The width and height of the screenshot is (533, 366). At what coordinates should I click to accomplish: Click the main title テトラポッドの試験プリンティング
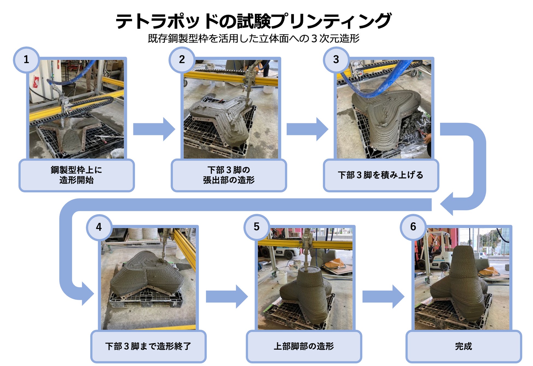pyautogui.click(x=253, y=21)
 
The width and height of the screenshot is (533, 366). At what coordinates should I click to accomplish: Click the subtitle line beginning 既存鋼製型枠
pyautogui.click(x=253, y=39)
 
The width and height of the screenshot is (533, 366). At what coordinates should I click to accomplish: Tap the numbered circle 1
pyautogui.click(x=26, y=60)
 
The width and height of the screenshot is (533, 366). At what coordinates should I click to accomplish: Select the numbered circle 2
pyautogui.click(x=182, y=60)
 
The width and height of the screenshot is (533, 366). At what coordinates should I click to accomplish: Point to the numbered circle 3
pyautogui.click(x=336, y=60)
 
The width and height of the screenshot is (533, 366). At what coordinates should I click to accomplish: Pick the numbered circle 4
pyautogui.click(x=99, y=227)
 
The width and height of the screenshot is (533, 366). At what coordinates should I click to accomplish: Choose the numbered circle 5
pyautogui.click(x=256, y=227)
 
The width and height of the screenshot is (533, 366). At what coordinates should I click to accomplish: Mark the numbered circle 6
pyautogui.click(x=413, y=227)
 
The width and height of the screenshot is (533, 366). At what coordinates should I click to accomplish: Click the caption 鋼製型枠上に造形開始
pyautogui.click(x=76, y=175)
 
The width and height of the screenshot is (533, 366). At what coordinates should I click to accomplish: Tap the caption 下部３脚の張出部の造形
pyautogui.click(x=229, y=175)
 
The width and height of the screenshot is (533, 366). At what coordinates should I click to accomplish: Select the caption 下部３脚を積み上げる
pyautogui.click(x=380, y=175)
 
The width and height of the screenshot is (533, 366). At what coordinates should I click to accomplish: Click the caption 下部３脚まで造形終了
pyautogui.click(x=148, y=346)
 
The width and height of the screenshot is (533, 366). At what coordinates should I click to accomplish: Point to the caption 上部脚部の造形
pyautogui.click(x=304, y=346)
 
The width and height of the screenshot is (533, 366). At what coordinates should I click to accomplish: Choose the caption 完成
pyautogui.click(x=463, y=346)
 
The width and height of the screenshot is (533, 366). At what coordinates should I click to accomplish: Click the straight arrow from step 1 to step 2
pyautogui.click(x=154, y=129)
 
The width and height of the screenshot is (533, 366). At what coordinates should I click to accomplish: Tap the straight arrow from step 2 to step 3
pyautogui.click(x=307, y=129)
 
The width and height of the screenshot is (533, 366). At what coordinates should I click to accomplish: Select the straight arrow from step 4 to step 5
pyautogui.click(x=227, y=297)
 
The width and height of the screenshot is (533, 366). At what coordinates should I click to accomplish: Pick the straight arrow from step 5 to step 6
pyautogui.click(x=383, y=297)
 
